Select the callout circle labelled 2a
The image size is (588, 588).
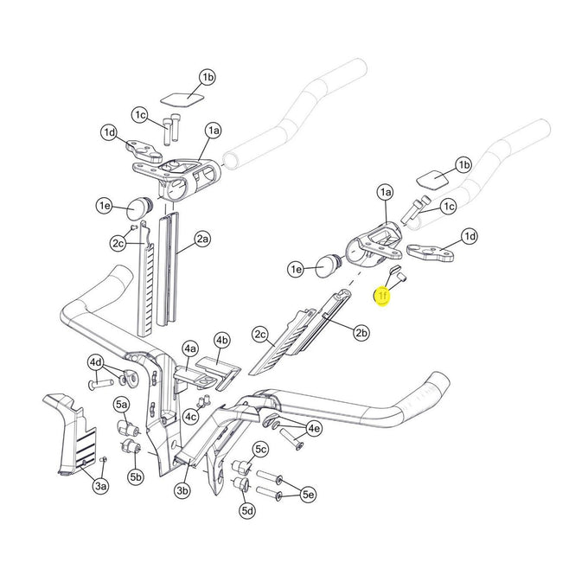202,239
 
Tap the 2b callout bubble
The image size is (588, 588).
361,331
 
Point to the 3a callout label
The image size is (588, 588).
101,488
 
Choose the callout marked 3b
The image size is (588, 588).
182,490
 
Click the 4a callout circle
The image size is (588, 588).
190,349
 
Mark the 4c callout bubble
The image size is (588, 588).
190,417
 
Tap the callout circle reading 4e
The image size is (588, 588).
314,428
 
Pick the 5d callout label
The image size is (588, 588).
248,511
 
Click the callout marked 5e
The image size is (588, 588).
308,495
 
